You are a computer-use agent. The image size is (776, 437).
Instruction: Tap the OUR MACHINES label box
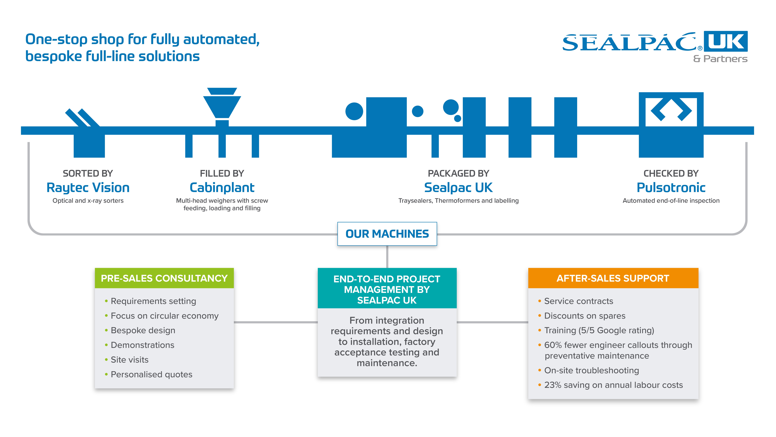tap(387, 234)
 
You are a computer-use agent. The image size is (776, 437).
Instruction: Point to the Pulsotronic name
tap(671, 188)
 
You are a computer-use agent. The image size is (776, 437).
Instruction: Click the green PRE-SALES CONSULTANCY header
tap(164, 278)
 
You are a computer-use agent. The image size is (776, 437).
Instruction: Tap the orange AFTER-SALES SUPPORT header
tap(613, 278)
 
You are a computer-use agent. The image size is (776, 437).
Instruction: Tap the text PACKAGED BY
tap(458, 173)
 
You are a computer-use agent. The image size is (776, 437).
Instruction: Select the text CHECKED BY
tap(671, 173)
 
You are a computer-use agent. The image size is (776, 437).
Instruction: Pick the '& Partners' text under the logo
tap(720, 59)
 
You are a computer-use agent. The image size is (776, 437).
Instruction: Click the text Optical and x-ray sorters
tap(88, 201)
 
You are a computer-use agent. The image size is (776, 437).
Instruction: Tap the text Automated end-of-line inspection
tap(671, 201)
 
